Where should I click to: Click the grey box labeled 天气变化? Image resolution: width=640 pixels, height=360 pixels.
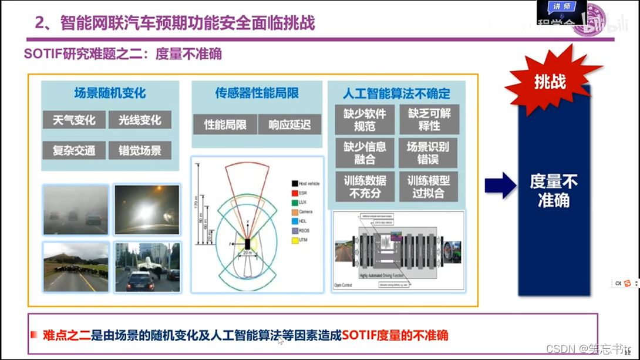[x=74, y=120]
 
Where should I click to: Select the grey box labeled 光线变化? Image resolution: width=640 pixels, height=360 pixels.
[x=140, y=120]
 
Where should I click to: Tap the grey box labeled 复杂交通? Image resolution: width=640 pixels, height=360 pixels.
[x=74, y=150]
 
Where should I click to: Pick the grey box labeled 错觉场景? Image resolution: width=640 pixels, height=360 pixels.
[x=140, y=150]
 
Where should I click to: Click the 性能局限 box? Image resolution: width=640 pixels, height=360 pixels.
[x=225, y=125]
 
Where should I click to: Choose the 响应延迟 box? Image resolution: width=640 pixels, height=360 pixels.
[x=289, y=125]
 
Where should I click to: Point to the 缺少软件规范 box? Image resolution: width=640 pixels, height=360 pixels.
[x=365, y=120]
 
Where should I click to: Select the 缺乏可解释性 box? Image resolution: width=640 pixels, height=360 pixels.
[x=429, y=120]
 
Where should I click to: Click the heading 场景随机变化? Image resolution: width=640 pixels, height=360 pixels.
[x=110, y=93]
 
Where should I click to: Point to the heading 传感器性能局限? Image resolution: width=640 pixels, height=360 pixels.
[x=257, y=93]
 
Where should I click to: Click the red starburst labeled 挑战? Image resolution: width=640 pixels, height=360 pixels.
[x=550, y=81]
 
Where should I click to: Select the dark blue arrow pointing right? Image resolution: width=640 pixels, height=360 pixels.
[x=500, y=186]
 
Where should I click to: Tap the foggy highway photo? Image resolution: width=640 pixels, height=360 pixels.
[x=76, y=210]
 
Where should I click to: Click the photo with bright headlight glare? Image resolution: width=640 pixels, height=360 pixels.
[x=147, y=210]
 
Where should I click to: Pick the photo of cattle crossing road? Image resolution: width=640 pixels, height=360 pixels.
[x=76, y=267]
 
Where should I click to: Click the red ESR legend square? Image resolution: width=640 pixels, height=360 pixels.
[x=295, y=193]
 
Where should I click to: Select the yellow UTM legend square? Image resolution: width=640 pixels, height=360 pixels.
[x=295, y=240]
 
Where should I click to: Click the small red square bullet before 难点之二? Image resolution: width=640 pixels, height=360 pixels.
[x=34, y=335]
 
